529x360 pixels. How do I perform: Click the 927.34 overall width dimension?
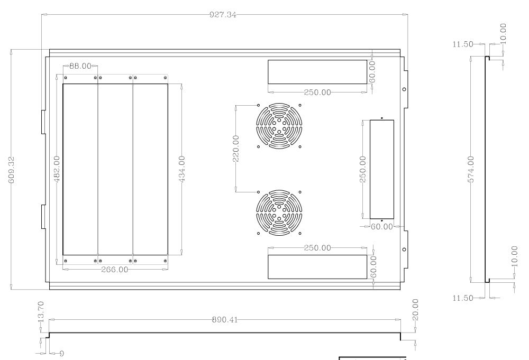pos(223,15)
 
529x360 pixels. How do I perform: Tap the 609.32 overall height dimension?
pos(12,170)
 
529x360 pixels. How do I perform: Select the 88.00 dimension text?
pos(80,66)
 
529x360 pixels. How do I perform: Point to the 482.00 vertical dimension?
pos(57,169)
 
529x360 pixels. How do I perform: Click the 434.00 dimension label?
pos(182,169)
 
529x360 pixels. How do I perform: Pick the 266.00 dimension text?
pos(115,270)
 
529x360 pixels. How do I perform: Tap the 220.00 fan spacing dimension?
pos(236,149)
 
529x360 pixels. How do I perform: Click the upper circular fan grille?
pos(279,126)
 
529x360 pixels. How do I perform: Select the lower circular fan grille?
pos(279,213)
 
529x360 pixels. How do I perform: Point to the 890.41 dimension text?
pos(225,319)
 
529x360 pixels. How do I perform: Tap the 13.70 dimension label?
pos(41,311)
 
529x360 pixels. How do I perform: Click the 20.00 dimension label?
pos(415,309)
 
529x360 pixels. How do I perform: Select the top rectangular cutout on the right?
pos(317,72)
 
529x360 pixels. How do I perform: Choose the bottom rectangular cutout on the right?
pos(317,267)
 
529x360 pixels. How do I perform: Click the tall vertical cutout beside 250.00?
pos(382,170)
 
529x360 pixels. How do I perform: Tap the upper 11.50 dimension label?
pos(463,44)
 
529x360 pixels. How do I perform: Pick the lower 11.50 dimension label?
pos(463,298)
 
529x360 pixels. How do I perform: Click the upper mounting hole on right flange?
pos(404,89)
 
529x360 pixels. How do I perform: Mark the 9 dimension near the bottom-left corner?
pos(61,353)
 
